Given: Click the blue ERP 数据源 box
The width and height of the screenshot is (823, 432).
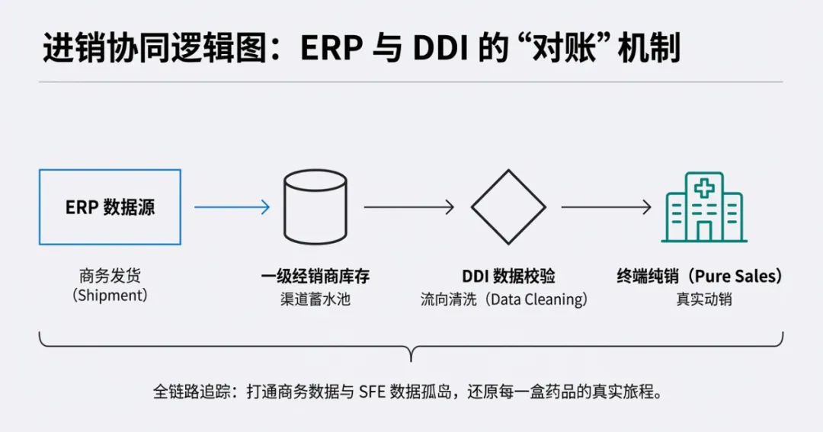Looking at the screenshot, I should click(x=110, y=206).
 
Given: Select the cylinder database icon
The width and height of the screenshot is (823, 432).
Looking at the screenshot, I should click(x=315, y=206).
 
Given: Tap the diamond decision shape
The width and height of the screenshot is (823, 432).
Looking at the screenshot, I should click(x=508, y=206).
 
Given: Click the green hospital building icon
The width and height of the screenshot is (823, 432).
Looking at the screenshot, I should click(x=703, y=207).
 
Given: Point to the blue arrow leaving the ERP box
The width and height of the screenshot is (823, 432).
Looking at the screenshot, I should click(x=232, y=206).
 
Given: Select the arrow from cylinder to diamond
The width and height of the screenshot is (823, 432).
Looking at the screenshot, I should click(x=408, y=206).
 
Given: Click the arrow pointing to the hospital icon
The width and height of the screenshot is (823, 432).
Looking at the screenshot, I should click(x=607, y=206).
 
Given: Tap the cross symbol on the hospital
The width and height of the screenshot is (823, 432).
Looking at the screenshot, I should click(x=703, y=187).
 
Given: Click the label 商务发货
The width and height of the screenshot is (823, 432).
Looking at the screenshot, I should click(x=110, y=276).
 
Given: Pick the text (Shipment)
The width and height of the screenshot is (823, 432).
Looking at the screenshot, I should click(x=110, y=296).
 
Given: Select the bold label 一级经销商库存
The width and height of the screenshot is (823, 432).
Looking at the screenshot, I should click(x=315, y=276).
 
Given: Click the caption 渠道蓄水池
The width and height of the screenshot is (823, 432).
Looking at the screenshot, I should click(x=315, y=299).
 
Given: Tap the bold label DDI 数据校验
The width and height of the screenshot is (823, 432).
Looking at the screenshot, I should click(x=508, y=276).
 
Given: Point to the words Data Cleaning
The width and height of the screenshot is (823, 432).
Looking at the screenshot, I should click(x=538, y=299).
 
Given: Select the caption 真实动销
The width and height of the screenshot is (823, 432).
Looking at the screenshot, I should click(x=703, y=299).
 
